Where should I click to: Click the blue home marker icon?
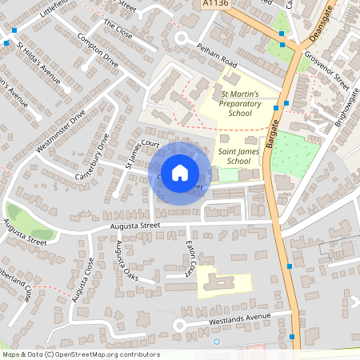point(180,172)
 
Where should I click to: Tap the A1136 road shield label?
point(211,4)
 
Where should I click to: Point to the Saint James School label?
point(228,156)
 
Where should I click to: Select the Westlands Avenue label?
point(237,318)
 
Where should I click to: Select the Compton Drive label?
point(98,52)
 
